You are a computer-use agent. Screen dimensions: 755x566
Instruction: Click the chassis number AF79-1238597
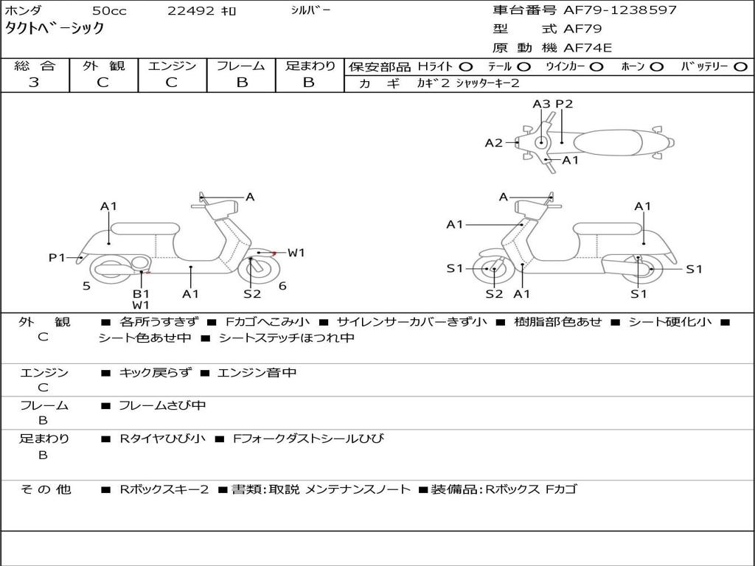609,10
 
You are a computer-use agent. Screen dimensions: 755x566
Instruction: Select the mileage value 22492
191,11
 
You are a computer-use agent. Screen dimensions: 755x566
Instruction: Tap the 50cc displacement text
108,11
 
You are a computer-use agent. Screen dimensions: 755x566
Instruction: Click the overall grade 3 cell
34,83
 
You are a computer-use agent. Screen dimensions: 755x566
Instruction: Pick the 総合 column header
34,66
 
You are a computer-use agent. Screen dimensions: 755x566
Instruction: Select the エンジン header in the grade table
172,66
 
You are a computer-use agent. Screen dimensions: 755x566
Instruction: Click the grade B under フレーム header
241,83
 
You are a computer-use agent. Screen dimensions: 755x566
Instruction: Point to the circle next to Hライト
466,67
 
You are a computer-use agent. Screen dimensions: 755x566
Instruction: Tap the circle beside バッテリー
740,67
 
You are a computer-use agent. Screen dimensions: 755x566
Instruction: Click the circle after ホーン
656,67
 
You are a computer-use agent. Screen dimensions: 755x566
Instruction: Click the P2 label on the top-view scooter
564,104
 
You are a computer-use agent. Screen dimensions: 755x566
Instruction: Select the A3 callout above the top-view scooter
542,104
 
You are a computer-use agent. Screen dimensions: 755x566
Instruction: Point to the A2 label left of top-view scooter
493,143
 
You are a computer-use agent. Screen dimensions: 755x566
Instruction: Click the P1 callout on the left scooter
58,257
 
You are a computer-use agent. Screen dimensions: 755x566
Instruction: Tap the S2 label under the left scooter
252,294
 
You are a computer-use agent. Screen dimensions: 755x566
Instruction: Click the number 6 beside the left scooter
282,286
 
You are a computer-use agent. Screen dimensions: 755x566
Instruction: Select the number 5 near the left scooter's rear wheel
86,286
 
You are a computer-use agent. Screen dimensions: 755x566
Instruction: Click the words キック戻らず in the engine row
155,373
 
